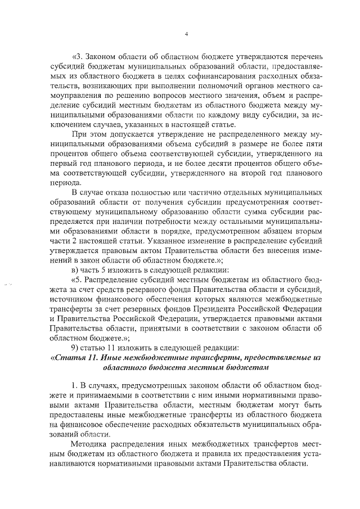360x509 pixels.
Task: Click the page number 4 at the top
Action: coord(186,34)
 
